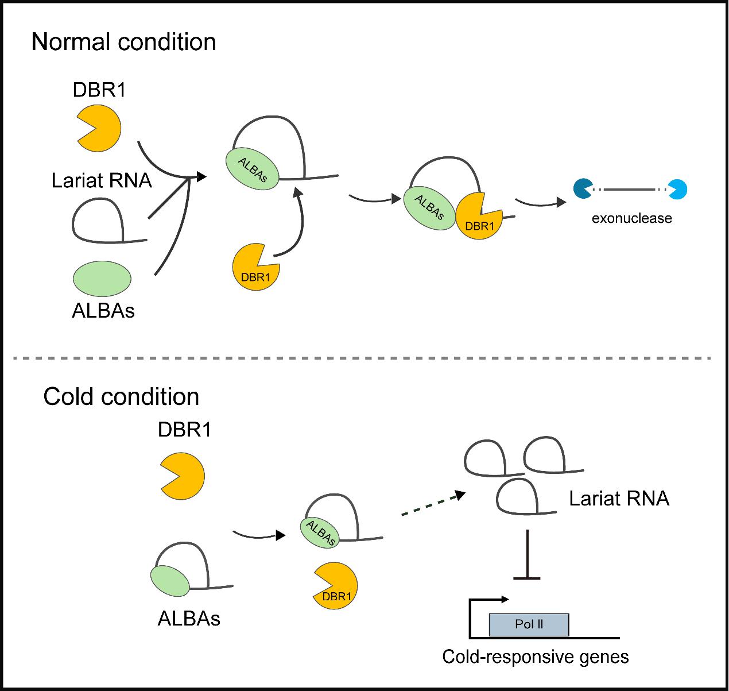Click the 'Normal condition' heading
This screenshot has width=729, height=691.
coord(123,42)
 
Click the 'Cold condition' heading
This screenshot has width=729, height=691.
coord(121,397)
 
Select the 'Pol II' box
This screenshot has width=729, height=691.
coord(529,624)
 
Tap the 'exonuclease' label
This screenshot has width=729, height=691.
coord(631,218)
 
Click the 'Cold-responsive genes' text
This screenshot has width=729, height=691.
coord(535,657)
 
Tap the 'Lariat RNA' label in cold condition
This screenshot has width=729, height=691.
coord(619,498)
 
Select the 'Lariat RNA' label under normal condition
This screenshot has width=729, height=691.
coord(102,180)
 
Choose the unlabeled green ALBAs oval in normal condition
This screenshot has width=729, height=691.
coord(102,279)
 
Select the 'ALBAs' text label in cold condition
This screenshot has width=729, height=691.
coord(189,619)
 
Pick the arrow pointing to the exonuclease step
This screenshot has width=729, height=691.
coord(540,202)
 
